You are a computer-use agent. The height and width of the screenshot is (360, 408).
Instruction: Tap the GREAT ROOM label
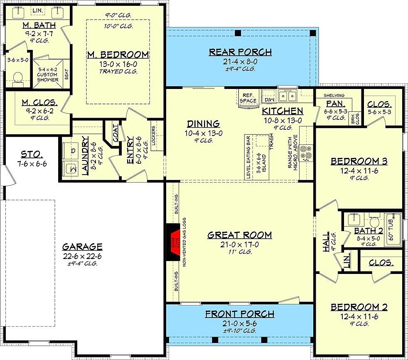coord(240,235)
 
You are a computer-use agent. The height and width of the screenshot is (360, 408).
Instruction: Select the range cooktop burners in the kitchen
coord(307,153)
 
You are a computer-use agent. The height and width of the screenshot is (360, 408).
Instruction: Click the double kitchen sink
coord(287,96)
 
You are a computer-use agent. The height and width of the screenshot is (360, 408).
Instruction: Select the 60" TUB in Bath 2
coord(393,229)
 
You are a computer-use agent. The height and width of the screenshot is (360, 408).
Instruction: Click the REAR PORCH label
coord(240,52)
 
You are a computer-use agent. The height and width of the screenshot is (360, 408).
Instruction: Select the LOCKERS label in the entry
coord(154,136)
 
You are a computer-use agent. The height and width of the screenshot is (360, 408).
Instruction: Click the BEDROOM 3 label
coord(359,161)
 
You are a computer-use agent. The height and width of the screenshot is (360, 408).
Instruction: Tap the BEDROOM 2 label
coord(359,307)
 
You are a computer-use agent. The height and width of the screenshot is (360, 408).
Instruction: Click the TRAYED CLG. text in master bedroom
coord(118,71)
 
